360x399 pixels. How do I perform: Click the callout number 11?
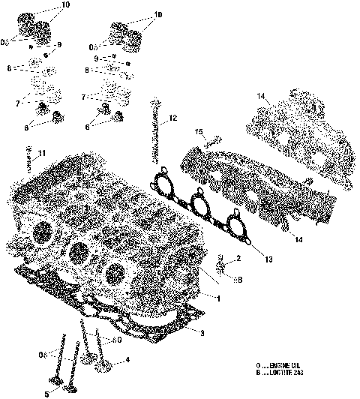click(42, 154)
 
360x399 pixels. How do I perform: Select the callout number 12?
click(172, 118)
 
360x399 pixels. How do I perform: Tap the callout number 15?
click(199, 133)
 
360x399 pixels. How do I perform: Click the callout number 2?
click(238, 259)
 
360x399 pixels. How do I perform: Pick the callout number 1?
click(218, 298)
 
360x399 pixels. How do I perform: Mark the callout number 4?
click(127, 360)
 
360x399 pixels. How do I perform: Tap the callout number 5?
click(46, 393)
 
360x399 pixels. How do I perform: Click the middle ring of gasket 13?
click(198, 202)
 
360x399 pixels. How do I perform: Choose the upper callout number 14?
click(261, 97)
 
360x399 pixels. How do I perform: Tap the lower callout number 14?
click(298, 240)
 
